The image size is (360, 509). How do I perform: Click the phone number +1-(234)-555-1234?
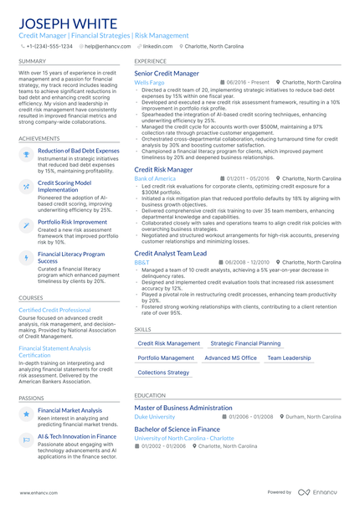point(49,47)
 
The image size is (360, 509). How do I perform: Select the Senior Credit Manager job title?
point(167,74)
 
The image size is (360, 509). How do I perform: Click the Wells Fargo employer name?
point(149,83)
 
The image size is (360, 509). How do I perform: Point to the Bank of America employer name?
point(155,178)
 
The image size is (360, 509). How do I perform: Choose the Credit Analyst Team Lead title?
point(170,253)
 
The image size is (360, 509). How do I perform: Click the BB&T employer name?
point(141,262)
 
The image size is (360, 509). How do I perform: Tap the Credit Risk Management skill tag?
point(168,343)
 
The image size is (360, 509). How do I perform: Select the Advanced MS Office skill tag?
point(231,357)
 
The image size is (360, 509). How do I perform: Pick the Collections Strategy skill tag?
point(163,372)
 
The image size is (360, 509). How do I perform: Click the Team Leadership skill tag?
point(289,357)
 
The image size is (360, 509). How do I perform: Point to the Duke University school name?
point(155,416)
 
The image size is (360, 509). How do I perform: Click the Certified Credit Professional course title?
point(54,310)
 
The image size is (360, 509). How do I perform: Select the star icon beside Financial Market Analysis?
point(26,414)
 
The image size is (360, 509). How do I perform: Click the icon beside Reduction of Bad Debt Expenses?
point(26,154)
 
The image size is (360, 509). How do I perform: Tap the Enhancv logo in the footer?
point(322,493)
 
